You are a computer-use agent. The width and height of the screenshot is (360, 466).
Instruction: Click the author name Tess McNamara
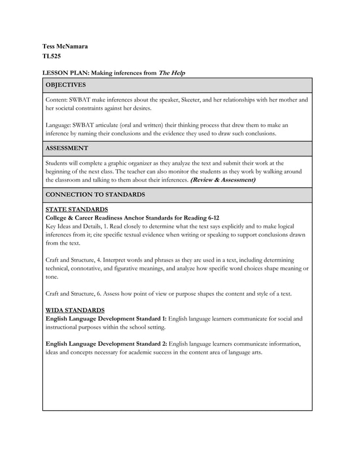coord(65,46)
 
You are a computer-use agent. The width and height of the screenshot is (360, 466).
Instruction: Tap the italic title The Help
coord(172,73)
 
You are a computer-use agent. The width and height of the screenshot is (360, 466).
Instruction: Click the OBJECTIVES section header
coord(65,85)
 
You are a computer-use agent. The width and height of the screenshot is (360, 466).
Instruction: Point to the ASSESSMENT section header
coord(67,148)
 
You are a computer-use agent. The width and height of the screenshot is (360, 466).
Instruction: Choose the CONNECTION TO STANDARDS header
coord(95,195)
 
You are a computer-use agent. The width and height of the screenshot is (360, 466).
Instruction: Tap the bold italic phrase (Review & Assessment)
coord(223,180)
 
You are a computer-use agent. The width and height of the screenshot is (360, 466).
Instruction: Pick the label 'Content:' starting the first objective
coord(58,100)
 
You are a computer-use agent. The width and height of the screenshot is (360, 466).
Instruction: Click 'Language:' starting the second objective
coord(59,125)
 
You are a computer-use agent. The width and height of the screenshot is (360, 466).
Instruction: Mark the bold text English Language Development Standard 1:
coord(106,319)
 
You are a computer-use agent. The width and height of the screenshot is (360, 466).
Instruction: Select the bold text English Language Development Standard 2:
coord(106,344)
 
